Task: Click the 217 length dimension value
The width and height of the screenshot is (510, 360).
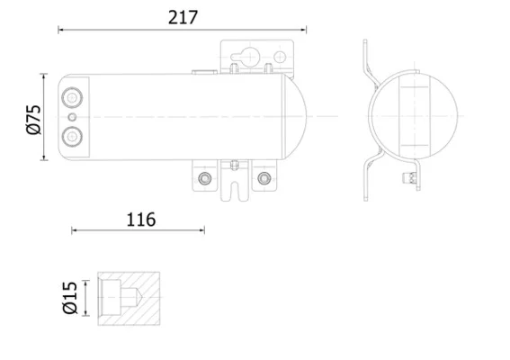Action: coord(183,18)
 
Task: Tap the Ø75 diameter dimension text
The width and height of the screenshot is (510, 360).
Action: coord(34,120)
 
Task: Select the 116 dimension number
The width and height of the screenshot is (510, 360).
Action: coord(141,220)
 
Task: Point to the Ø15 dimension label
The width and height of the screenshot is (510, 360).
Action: coord(70,298)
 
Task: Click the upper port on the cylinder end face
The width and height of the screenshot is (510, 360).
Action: coord(72,97)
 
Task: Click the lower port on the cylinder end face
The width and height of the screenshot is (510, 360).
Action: coord(72,137)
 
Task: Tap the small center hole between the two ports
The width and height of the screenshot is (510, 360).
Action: coord(73,117)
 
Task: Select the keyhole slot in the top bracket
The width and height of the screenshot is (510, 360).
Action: coord(245,57)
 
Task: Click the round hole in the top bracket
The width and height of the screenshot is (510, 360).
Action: coord(280,58)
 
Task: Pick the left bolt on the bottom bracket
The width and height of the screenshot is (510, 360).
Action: coord(204,178)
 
